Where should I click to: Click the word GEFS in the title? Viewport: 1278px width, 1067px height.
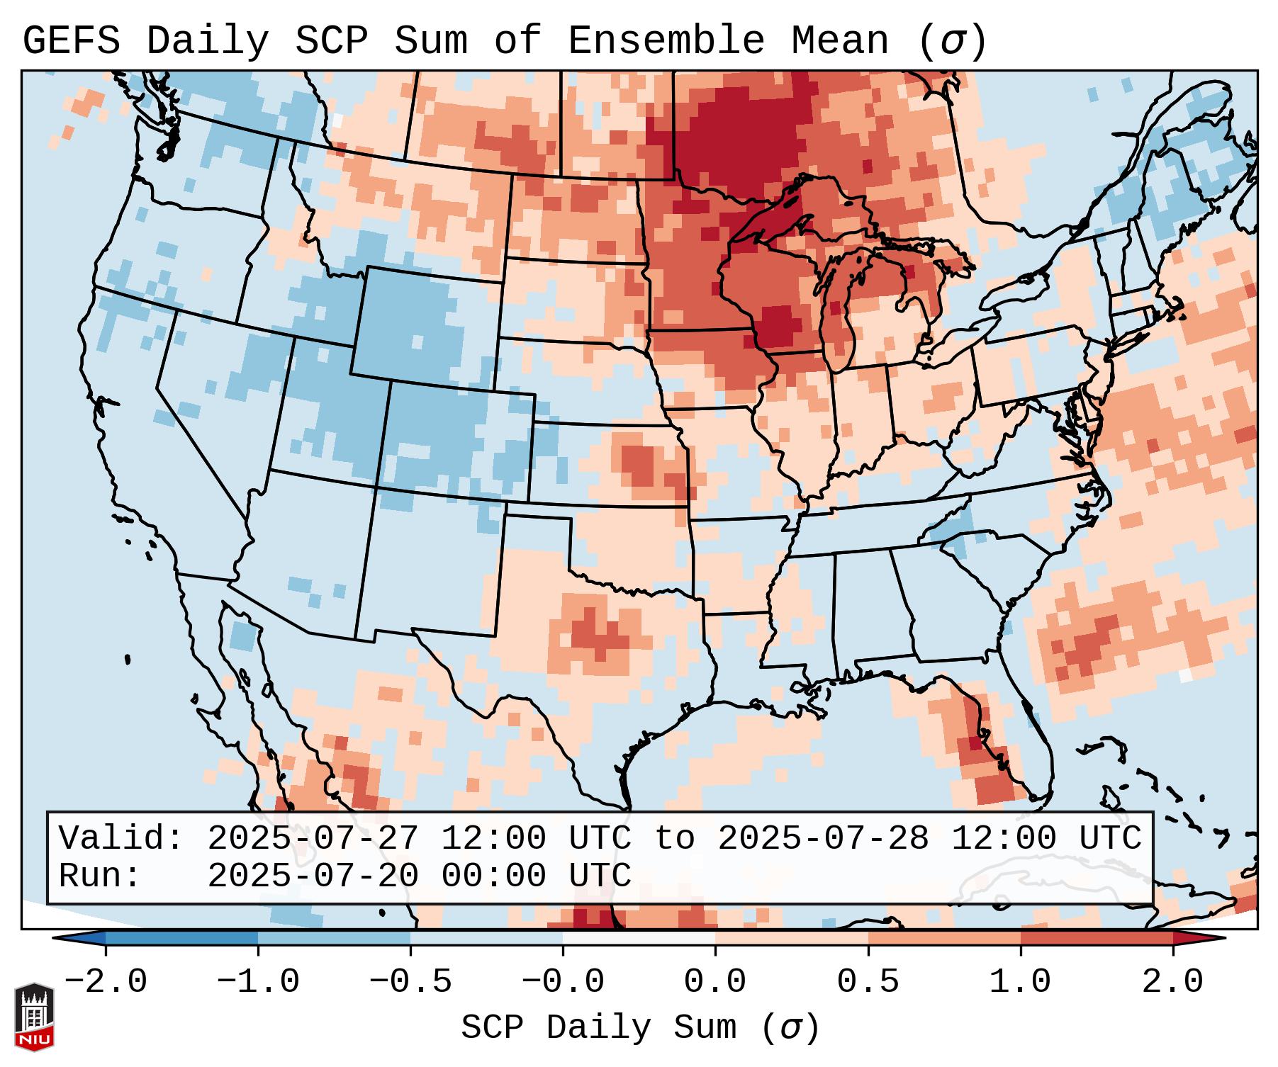[71, 41]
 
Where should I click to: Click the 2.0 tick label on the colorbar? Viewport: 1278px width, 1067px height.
[1172, 982]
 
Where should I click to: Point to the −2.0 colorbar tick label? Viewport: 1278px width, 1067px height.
[105, 982]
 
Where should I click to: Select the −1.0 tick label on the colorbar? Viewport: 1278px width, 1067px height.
[257, 982]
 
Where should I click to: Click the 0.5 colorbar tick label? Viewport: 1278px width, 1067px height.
[868, 982]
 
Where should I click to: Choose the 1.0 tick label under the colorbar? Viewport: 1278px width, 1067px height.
[1020, 982]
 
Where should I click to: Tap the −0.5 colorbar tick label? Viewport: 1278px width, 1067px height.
[410, 982]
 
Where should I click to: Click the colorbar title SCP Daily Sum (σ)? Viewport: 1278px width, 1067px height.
[640, 1027]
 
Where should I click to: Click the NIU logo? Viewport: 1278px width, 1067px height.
[34, 1017]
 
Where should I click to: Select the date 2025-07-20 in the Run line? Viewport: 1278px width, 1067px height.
[313, 876]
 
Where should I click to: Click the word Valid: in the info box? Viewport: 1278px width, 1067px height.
[121, 839]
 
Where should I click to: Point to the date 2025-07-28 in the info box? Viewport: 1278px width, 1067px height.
[823, 839]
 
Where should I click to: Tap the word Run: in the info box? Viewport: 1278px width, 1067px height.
[100, 876]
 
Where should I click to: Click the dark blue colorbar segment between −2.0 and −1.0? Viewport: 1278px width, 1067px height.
[181, 938]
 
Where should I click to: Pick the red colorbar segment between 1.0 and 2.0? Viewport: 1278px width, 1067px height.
[1097, 938]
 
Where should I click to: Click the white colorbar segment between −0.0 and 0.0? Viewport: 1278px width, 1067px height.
[639, 938]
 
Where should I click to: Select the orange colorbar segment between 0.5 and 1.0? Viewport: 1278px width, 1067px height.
[944, 938]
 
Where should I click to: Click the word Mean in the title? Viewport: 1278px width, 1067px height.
[839, 41]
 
